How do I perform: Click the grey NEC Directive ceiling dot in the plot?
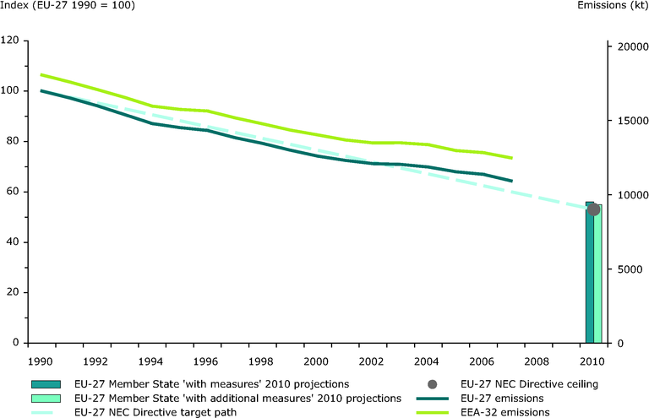tap(594, 209)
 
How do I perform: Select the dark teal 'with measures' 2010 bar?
tap(589, 279)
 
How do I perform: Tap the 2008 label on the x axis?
tap(537, 361)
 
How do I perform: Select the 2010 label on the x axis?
tap(593, 361)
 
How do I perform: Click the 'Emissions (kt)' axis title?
tap(613, 7)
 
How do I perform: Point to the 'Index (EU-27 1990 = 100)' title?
tap(68, 7)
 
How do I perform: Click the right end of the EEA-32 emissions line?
tap(512, 158)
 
